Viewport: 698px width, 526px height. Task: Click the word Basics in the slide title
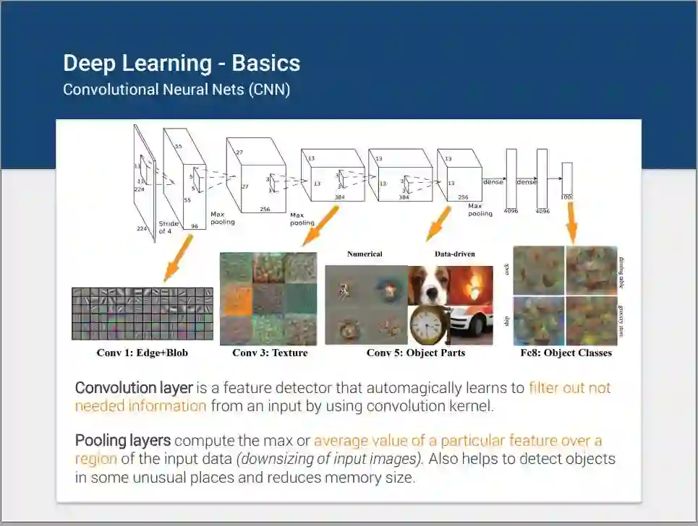(x=266, y=64)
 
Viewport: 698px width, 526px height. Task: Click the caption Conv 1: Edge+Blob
(x=142, y=353)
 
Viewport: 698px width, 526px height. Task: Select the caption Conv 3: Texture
(x=270, y=353)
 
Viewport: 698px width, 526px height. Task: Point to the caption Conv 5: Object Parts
(x=416, y=353)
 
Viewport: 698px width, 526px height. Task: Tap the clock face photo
(x=428, y=324)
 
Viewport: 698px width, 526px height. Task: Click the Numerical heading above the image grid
(x=365, y=254)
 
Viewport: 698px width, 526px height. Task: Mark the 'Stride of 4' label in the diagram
(x=168, y=227)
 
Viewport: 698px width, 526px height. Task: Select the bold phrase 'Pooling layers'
(x=123, y=441)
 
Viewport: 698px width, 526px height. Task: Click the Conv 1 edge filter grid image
(x=142, y=313)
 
